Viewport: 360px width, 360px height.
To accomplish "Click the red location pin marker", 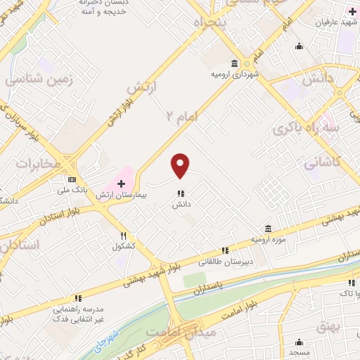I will (x=181, y=166).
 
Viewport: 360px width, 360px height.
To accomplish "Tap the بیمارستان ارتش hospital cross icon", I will (x=120, y=182).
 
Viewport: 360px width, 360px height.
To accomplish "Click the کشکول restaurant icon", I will (x=124, y=236).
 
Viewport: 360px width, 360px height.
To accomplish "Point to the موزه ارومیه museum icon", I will (x=268, y=229).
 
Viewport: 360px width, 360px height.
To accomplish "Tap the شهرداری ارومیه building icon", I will (x=235, y=63).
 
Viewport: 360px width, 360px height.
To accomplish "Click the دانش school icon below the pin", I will (x=181, y=193).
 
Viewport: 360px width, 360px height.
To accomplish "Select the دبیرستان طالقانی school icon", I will (x=225, y=250).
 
